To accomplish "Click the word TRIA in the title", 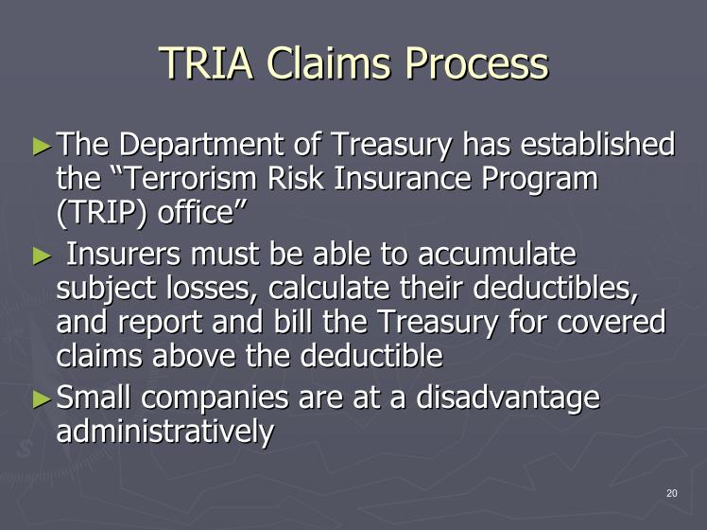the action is pyautogui.click(x=206, y=62).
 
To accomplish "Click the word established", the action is pyautogui.click(x=597, y=145).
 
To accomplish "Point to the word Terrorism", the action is pyautogui.click(x=189, y=178).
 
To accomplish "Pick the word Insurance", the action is pyautogui.click(x=403, y=178).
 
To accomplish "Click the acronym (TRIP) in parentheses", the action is pyautogui.click(x=102, y=213).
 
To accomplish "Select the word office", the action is pyautogui.click(x=195, y=212).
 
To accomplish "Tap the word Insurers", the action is pyautogui.click(x=123, y=254).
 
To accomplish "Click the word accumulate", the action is pyautogui.click(x=496, y=254).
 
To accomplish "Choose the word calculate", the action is pyautogui.click(x=329, y=288).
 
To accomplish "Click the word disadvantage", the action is pyautogui.click(x=508, y=398).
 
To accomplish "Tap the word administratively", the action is pyautogui.click(x=165, y=432).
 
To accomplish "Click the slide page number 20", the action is pyautogui.click(x=671, y=493).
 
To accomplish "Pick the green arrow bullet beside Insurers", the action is pyautogui.click(x=42, y=256).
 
